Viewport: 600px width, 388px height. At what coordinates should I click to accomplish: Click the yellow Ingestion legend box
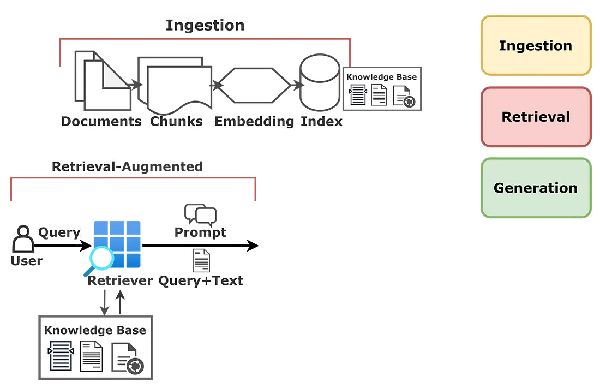tap(536, 46)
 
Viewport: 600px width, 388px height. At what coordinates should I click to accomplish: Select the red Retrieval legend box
tap(536, 117)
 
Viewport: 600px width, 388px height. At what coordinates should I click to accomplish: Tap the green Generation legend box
tap(536, 188)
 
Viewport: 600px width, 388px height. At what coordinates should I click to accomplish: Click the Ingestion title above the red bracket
tap(205, 25)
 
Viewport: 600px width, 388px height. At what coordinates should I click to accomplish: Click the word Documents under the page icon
tap(101, 121)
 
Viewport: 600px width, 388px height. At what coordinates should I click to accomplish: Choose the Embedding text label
tap(254, 121)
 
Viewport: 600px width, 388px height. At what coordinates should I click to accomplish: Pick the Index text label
tap(322, 121)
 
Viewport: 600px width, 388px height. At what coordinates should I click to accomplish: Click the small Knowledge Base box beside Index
tap(382, 91)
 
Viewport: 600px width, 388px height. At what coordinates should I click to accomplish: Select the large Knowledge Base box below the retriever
tap(97, 348)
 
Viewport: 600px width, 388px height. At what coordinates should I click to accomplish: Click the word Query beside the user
tap(59, 232)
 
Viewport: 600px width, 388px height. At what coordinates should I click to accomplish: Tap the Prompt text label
tap(200, 233)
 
